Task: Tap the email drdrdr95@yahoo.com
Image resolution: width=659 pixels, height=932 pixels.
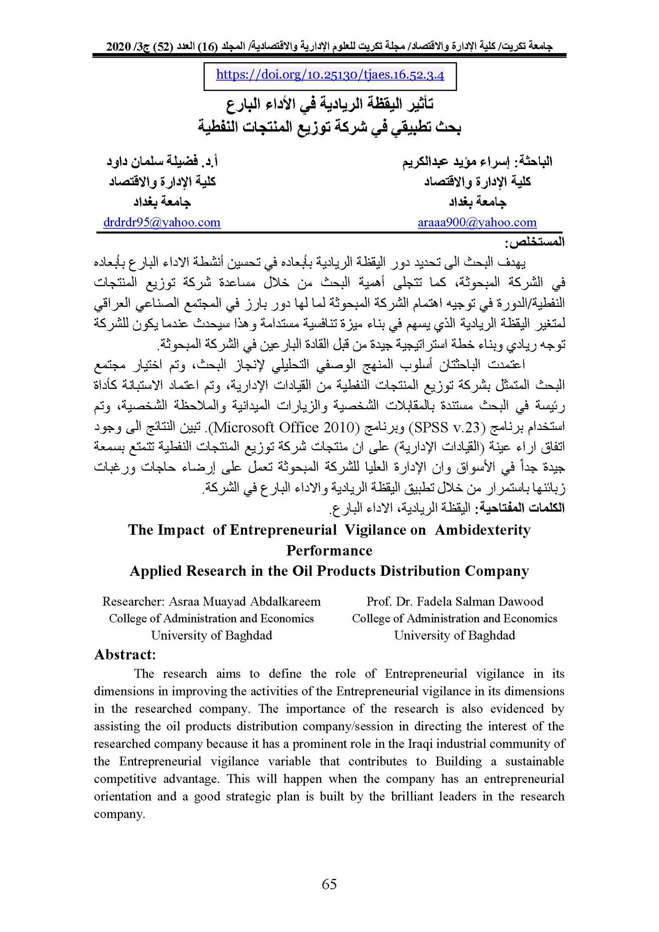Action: coord(162,222)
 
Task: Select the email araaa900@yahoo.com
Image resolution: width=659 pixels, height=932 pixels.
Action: coord(477,222)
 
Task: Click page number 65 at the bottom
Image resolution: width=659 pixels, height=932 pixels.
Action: coord(329,884)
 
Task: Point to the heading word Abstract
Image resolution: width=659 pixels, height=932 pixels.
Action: coord(124,654)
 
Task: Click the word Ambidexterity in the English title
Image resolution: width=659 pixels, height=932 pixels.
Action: coord(482,530)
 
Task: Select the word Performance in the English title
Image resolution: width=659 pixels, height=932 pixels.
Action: coord(329,550)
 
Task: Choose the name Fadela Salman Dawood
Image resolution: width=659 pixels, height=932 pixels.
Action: coord(480,601)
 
